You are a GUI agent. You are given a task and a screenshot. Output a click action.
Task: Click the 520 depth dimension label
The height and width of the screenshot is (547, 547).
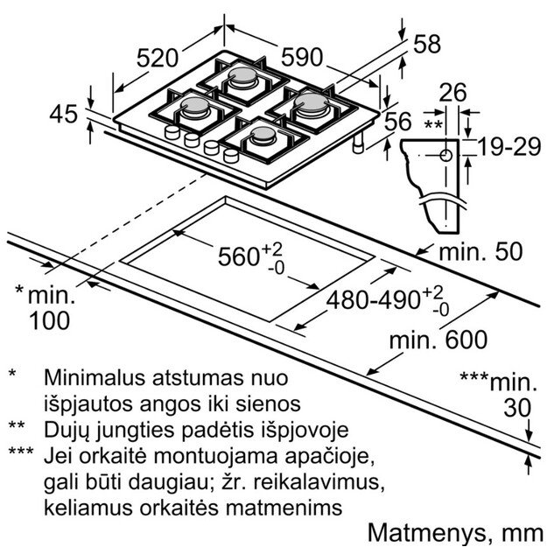pyautogui.click(x=164, y=60)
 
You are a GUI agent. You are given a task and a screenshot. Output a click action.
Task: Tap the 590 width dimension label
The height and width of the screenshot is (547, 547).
pyautogui.click(x=303, y=57)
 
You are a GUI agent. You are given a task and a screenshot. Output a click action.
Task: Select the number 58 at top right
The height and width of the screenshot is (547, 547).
pyautogui.click(x=428, y=45)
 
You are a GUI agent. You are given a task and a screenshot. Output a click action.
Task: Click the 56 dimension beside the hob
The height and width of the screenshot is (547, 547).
pyautogui.click(x=397, y=121)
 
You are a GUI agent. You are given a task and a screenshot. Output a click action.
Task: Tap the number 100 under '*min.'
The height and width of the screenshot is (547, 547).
pyautogui.click(x=49, y=320)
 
